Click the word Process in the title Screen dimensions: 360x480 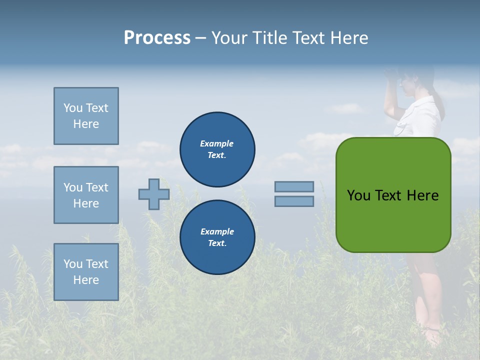(x=157, y=38)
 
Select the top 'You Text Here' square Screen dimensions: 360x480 (x=86, y=116)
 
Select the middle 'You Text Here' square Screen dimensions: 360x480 (x=86, y=195)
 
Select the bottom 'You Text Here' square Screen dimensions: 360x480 (x=86, y=271)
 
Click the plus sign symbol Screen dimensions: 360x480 (x=154, y=194)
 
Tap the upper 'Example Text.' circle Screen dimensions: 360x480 (x=217, y=149)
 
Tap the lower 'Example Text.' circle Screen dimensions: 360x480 (x=217, y=237)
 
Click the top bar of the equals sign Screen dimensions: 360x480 (x=294, y=186)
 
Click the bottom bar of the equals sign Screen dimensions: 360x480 (x=294, y=201)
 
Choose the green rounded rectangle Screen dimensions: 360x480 (x=393, y=195)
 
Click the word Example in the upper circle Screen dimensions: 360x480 (x=217, y=143)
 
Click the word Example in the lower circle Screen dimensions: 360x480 (x=217, y=231)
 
